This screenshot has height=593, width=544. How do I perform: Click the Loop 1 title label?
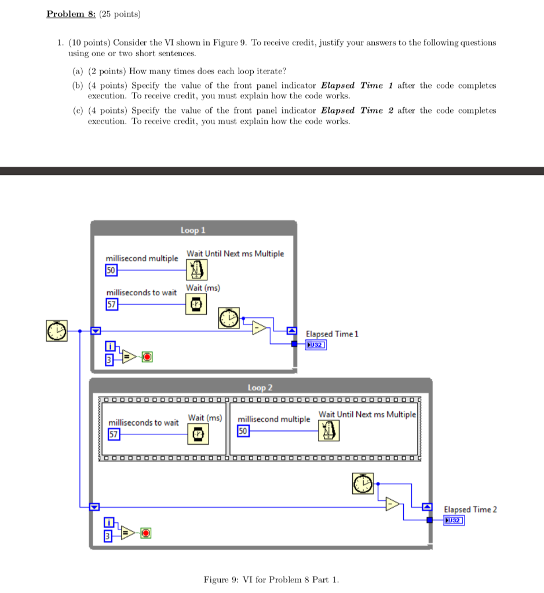193,230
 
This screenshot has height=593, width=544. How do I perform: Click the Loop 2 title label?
260,387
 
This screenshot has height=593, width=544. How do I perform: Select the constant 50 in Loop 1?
111,270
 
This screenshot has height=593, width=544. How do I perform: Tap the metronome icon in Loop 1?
197,269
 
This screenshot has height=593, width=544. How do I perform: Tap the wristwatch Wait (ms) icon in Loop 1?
197,303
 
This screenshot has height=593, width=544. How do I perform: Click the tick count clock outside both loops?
57,331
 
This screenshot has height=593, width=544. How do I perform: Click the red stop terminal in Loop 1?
147,356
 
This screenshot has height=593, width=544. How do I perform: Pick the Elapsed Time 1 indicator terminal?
316,345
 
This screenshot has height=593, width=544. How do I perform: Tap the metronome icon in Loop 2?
329,430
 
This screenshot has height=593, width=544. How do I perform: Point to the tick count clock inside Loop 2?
363,484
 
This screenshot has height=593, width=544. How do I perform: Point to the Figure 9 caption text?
272,579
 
